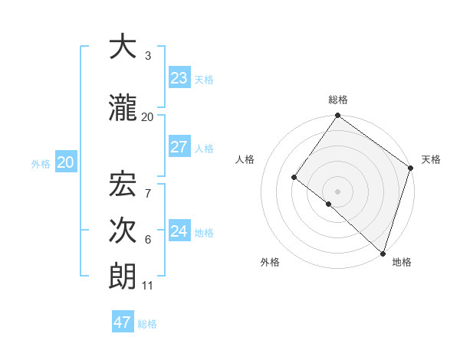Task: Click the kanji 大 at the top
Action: (x=123, y=47)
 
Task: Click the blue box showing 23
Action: (x=179, y=79)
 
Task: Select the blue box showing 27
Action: (x=179, y=147)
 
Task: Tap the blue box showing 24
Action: (x=179, y=231)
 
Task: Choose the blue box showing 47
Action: (x=123, y=322)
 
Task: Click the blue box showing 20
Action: (x=66, y=162)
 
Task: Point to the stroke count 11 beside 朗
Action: (x=148, y=286)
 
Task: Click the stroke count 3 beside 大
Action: (x=148, y=56)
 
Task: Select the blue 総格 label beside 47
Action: (x=148, y=324)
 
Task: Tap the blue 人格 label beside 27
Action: (x=204, y=149)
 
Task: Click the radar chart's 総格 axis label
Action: (x=338, y=100)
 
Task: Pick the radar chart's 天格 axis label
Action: (x=431, y=159)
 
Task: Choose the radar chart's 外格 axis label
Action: (x=270, y=262)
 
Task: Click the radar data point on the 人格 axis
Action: (x=294, y=177)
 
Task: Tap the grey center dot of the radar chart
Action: (x=337, y=191)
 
